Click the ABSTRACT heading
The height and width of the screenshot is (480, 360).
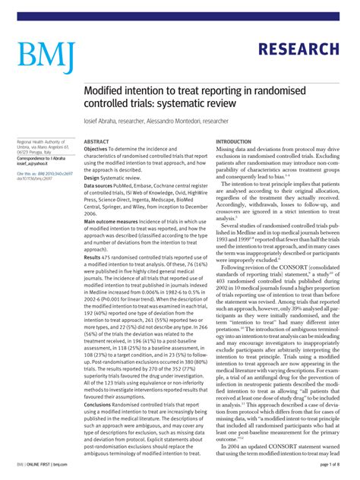96,142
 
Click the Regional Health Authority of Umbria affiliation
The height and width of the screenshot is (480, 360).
43,144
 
